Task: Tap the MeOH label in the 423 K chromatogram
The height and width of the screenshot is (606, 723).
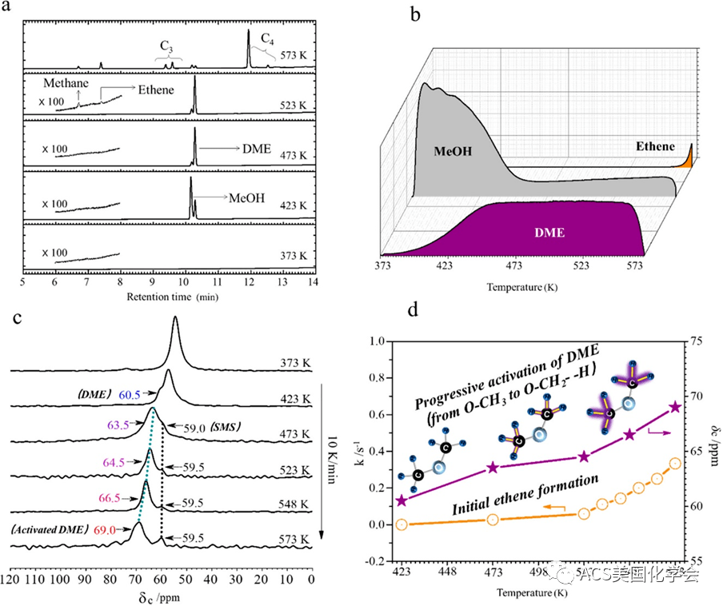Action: point(247,196)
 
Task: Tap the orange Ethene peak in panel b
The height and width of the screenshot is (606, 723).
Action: point(687,159)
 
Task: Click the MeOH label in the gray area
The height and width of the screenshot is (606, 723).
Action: point(457,150)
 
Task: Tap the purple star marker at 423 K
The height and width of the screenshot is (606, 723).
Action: point(401,500)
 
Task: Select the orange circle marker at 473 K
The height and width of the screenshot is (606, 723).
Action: point(493,520)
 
